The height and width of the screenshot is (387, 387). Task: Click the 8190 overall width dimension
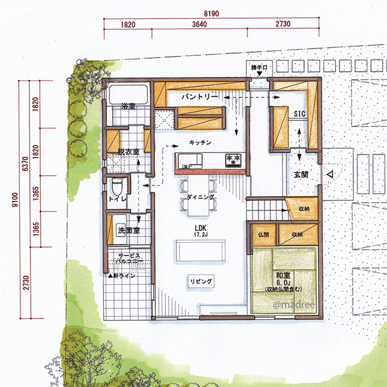point(211,14)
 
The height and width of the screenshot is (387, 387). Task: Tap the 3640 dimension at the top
point(199,24)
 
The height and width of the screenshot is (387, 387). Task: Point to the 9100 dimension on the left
point(15,200)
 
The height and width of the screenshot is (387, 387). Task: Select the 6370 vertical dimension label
point(26,164)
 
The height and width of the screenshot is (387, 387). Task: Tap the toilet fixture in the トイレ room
point(117,187)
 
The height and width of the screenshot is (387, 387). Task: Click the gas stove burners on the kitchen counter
point(233,160)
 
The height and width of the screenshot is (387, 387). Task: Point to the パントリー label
point(200,96)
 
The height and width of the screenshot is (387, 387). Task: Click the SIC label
point(300,114)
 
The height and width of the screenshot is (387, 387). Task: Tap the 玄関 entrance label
point(301,175)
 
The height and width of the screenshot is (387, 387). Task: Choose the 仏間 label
point(264,235)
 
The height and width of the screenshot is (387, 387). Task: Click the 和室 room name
point(283,275)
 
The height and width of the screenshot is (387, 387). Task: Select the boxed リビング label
point(201,281)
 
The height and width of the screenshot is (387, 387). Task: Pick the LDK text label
point(200,228)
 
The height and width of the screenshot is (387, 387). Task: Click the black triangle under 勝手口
point(259,74)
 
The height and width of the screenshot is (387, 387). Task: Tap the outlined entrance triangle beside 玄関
point(330,175)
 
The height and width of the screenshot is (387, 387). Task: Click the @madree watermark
point(294,305)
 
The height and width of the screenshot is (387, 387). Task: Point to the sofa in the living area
point(200,250)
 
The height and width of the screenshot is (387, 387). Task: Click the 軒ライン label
point(122,276)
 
